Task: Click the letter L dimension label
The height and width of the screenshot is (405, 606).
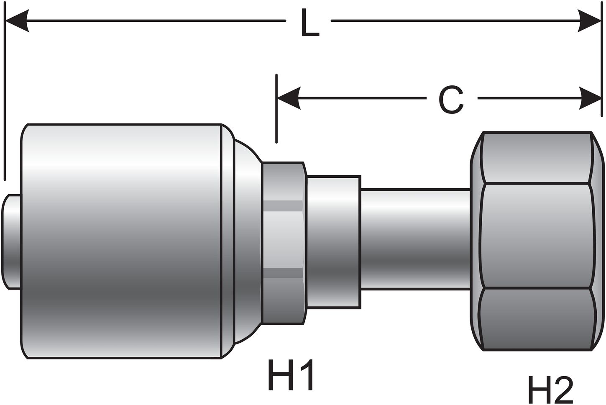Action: click(x=309, y=24)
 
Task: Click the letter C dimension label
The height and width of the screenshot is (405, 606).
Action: click(x=451, y=100)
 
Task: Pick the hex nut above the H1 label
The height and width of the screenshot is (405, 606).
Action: click(x=283, y=243)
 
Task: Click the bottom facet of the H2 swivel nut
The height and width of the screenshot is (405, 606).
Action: click(x=537, y=318)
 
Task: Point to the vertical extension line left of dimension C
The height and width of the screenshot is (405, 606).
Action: click(x=276, y=109)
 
